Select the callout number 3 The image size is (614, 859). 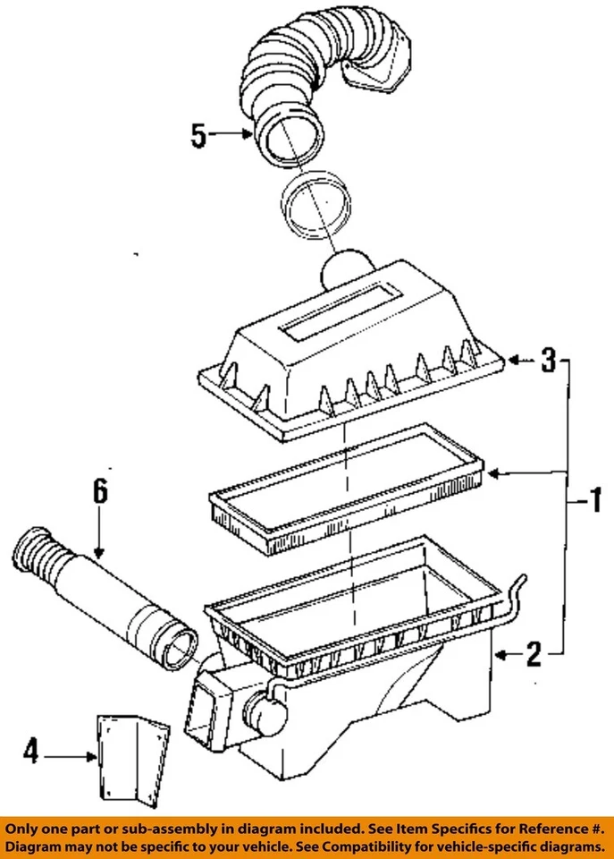pyautogui.click(x=548, y=361)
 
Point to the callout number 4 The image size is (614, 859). pyautogui.click(x=30, y=755)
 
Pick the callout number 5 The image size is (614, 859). pyautogui.click(x=198, y=136)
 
